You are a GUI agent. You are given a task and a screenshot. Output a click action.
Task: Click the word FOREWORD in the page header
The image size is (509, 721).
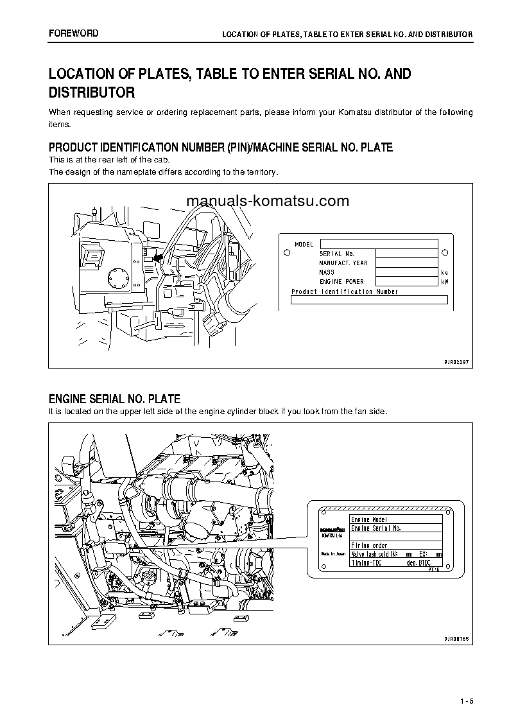pos(73,33)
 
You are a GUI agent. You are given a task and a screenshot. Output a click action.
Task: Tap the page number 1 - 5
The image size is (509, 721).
pos(466,700)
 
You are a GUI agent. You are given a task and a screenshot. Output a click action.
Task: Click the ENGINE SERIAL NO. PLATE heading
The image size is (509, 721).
pos(114,399)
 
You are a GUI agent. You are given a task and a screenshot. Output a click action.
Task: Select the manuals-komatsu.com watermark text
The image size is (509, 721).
pos(268,201)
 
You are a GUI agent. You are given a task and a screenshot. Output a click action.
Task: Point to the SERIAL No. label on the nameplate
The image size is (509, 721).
pos(336,254)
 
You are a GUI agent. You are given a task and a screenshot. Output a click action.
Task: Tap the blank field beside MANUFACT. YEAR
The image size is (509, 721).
pos(406,263)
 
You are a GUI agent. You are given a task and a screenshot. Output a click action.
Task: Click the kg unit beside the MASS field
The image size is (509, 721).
pos(444,273)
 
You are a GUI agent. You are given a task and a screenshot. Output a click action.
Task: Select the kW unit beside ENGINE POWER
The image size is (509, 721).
pos(444,282)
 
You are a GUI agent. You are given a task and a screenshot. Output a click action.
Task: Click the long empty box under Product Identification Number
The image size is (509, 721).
pos(369,300)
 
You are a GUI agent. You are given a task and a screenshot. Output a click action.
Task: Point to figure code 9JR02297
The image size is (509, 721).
pos(456,362)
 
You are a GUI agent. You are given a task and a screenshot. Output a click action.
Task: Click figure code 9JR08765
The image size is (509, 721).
pos(456,639)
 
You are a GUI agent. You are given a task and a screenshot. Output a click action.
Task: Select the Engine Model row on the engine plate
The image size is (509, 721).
pos(395,519)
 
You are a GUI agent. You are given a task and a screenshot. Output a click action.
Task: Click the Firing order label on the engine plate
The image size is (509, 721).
pos(369,545)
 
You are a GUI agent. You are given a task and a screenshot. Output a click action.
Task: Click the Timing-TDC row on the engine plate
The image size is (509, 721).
pos(395,562)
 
